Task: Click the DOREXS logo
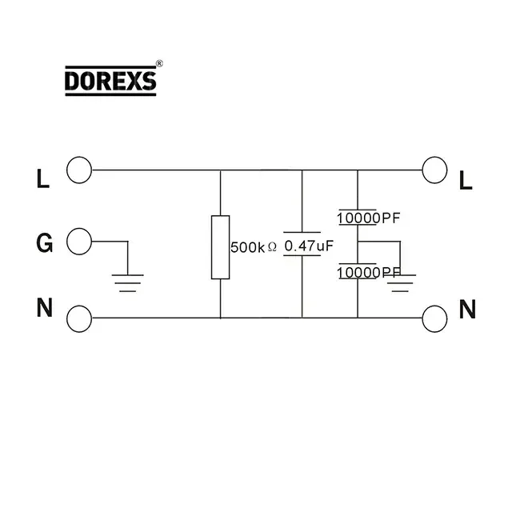[110, 81]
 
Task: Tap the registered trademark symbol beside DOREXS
[159, 63]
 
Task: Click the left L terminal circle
[79, 170]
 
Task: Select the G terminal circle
[79, 240]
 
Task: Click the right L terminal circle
[434, 170]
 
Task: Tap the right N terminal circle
[434, 318]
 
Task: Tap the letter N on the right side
[467, 309]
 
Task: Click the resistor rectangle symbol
[220, 247]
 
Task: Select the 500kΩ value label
[254, 248]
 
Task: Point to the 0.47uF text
[308, 246]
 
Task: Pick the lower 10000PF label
[368, 273]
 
